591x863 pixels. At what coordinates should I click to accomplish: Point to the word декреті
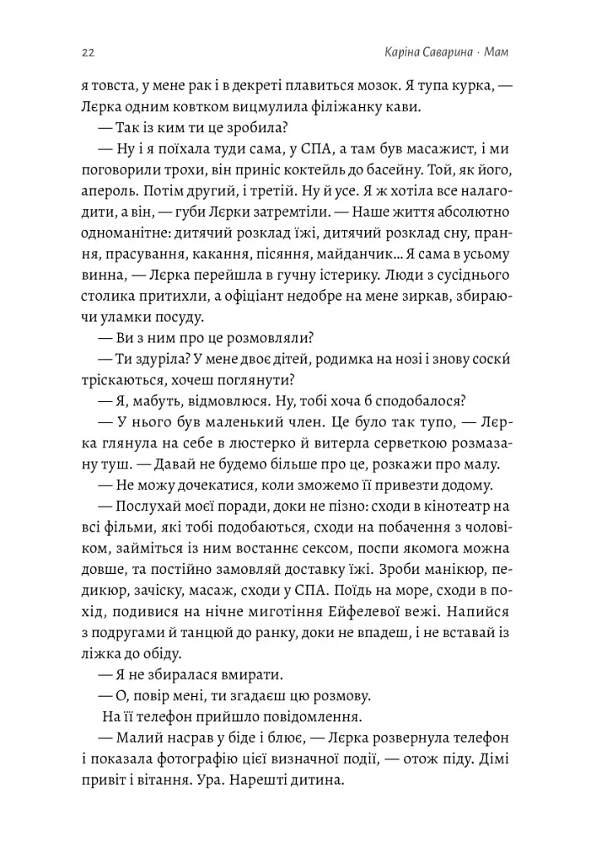pos(252,85)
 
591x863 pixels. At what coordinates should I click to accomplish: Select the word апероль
pos(110,190)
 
